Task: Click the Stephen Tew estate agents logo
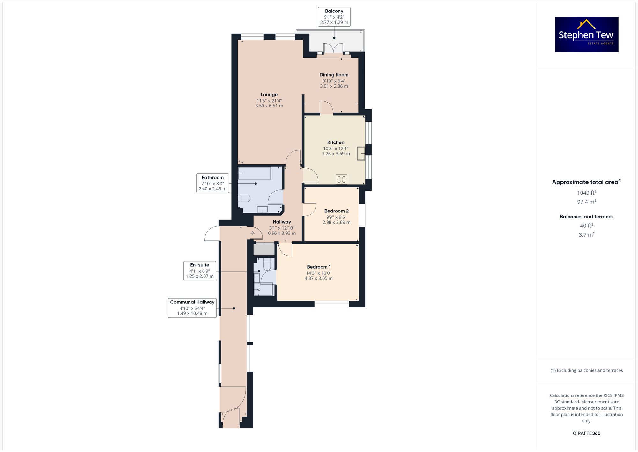(x=587, y=34)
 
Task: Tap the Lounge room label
(x=269, y=95)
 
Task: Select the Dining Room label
(x=334, y=75)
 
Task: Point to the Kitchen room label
(x=336, y=142)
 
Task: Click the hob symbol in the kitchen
(x=341, y=179)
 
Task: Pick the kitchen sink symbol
(x=361, y=153)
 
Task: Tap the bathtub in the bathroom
(x=254, y=173)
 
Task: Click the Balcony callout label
(x=334, y=17)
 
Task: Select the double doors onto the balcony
(x=333, y=49)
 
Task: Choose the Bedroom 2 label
(x=336, y=211)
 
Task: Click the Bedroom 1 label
(x=319, y=267)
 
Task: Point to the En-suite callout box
(x=200, y=271)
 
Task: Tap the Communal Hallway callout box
(x=192, y=308)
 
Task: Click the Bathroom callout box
(x=212, y=183)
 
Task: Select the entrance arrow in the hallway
(x=252, y=233)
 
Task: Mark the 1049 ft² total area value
(x=587, y=193)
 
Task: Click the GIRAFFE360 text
(x=587, y=433)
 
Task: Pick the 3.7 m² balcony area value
(x=587, y=235)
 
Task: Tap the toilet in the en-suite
(x=267, y=264)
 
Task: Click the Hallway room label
(x=282, y=222)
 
